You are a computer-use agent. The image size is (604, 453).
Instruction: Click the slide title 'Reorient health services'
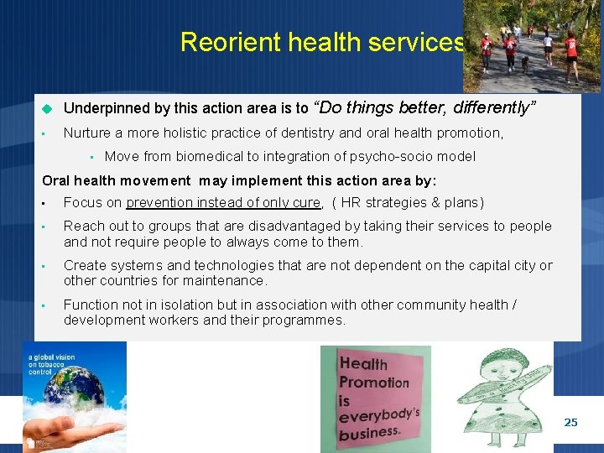click(x=322, y=42)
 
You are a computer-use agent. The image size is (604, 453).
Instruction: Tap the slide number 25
click(x=570, y=422)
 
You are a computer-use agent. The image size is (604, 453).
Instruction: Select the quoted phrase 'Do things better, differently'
click(x=425, y=107)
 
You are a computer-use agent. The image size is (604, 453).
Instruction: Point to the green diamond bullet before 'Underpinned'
click(x=48, y=108)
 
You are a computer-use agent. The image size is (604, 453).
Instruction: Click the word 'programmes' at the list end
click(x=305, y=320)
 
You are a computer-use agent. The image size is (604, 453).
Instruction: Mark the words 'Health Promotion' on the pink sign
click(x=373, y=373)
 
